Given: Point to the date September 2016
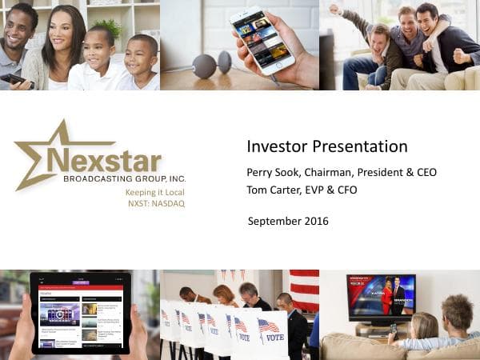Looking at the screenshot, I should [x=288, y=222].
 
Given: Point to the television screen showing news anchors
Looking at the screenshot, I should [x=381, y=296].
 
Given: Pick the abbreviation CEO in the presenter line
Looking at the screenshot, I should [x=424, y=173].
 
